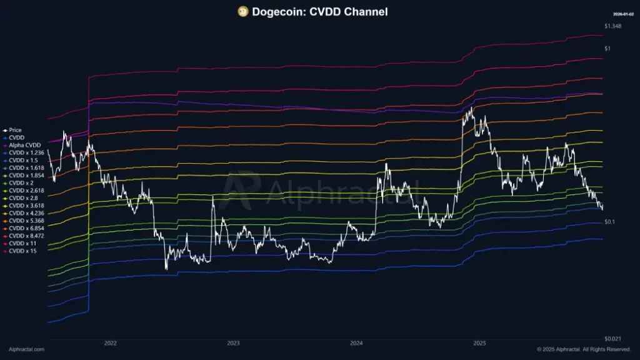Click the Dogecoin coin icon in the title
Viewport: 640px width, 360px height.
pyautogui.click(x=243, y=11)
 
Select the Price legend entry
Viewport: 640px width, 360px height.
pyautogui.click(x=15, y=130)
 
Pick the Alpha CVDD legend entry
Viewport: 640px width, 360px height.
pyautogui.click(x=24, y=145)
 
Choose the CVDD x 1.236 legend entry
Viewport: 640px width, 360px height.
pyautogui.click(x=26, y=152)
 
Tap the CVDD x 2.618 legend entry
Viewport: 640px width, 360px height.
pyautogui.click(x=26, y=191)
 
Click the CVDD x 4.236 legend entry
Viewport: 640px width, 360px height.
pyautogui.click(x=26, y=213)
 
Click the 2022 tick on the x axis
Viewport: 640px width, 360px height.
pyautogui.click(x=111, y=343)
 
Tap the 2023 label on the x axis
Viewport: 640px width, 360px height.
pyautogui.click(x=233, y=343)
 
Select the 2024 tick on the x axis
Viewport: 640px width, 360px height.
pyautogui.click(x=356, y=343)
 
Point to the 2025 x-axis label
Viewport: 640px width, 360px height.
pyautogui.click(x=479, y=343)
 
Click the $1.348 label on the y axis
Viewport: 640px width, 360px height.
pyautogui.click(x=612, y=26)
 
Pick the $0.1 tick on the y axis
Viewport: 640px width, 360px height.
pyautogui.click(x=610, y=222)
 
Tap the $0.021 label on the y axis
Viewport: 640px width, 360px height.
pyautogui.click(x=613, y=338)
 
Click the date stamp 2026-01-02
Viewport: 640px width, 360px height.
pyautogui.click(x=624, y=13)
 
